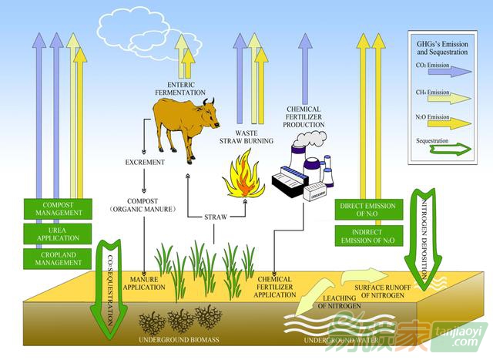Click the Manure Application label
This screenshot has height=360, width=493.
(144, 283)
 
